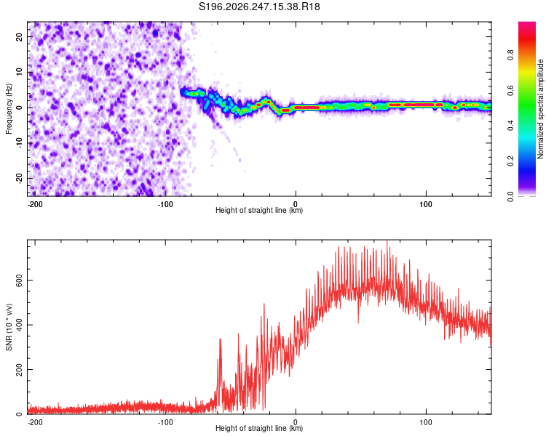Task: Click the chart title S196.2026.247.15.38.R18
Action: click(259, 7)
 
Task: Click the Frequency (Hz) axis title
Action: click(9, 109)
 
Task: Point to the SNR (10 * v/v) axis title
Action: click(9, 327)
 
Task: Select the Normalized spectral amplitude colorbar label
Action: click(540, 109)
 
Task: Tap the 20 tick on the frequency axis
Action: click(20, 37)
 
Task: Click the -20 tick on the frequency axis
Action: click(20, 178)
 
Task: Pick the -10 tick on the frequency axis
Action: click(20, 143)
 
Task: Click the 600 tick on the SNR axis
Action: click(20, 280)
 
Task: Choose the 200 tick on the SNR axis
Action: click(20, 369)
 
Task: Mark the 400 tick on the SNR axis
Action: click(20, 325)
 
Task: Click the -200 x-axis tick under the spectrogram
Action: click(35, 204)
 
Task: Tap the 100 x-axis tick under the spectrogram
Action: click(426, 204)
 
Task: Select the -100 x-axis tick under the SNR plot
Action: click(165, 422)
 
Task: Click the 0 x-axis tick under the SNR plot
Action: click(296, 422)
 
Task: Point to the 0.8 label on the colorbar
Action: click(510, 55)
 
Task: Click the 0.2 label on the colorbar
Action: click(510, 161)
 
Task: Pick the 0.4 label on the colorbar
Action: click(510, 126)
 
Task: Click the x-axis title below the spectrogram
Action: click(259, 210)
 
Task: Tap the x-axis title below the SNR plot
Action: click(259, 428)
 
